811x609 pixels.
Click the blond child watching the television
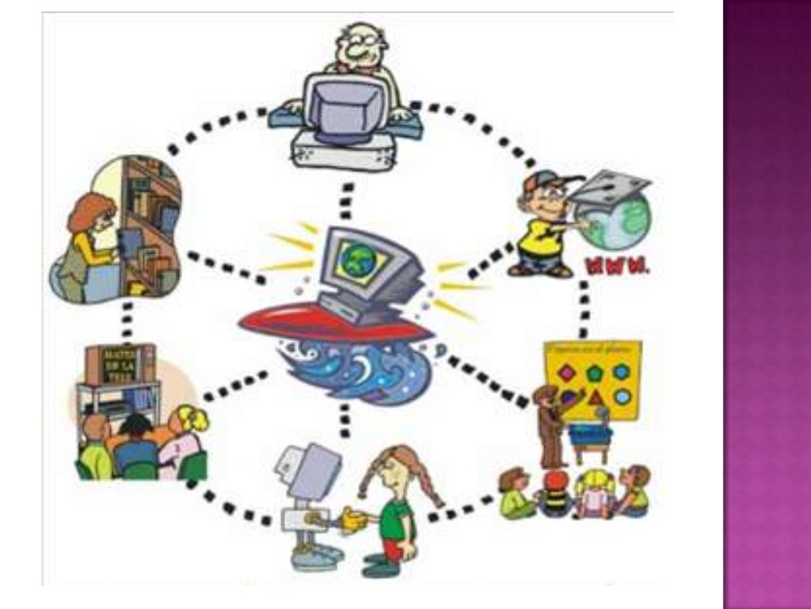(190, 420)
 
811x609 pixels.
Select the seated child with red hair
(557, 481)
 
